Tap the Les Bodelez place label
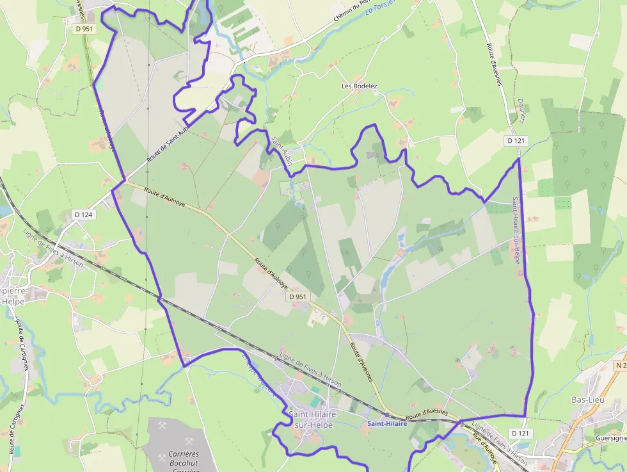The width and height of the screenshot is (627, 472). [359, 86]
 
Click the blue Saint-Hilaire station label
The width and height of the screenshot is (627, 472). [387, 424]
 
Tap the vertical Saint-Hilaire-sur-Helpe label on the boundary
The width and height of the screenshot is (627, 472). [515, 231]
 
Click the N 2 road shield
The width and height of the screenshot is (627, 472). [619, 365]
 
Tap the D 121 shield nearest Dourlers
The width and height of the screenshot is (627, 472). [517, 140]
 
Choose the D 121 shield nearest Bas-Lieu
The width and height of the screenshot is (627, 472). [521, 434]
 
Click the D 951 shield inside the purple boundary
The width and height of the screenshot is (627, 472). [298, 297]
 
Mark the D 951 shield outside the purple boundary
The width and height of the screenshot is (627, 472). [83, 28]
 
